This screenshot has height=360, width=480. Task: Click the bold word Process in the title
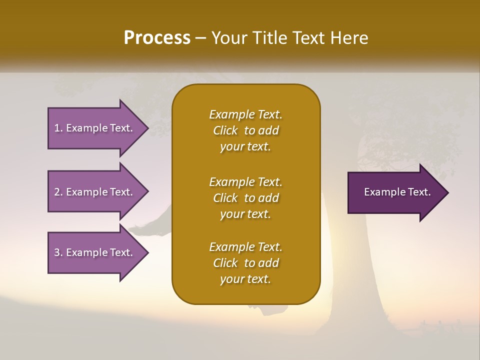(x=157, y=38)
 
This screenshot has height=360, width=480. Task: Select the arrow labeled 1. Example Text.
(x=95, y=128)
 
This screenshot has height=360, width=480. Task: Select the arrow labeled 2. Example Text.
(x=95, y=192)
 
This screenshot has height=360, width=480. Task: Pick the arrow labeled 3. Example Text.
(x=95, y=252)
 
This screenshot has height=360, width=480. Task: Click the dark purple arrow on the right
(x=395, y=192)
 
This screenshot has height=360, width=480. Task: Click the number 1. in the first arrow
(x=58, y=128)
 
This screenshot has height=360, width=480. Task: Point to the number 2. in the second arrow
(x=58, y=192)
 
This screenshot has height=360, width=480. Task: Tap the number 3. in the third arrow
(x=58, y=252)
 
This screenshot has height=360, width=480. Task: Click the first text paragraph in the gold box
(x=245, y=130)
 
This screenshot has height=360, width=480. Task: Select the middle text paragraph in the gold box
(x=245, y=198)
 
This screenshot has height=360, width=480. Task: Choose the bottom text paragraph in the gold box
(x=245, y=263)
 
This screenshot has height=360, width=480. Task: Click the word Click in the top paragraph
(x=225, y=130)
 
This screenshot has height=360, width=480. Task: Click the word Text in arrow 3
(x=121, y=252)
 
